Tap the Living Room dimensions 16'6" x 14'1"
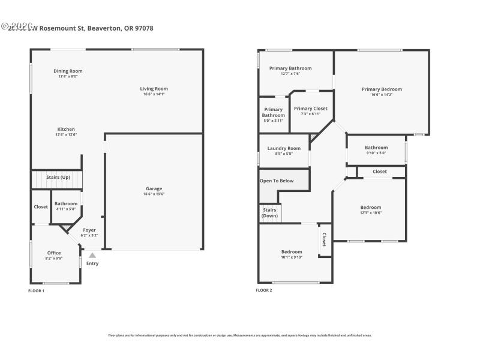pyautogui.click(x=154, y=94)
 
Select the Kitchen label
pyautogui.click(x=66, y=130)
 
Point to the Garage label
pyautogui.click(x=154, y=189)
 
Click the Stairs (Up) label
pyautogui.click(x=58, y=177)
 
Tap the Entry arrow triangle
pyautogui.click(x=92, y=255)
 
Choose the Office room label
pyautogui.click(x=54, y=253)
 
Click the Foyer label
pyautogui.click(x=89, y=230)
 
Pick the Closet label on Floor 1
pyautogui.click(x=41, y=207)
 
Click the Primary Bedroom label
pyautogui.click(x=382, y=89)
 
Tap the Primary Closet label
pyautogui.click(x=310, y=109)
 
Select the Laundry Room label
pyautogui.click(x=284, y=148)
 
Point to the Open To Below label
pyautogui.click(x=277, y=181)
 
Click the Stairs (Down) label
pyautogui.click(x=269, y=213)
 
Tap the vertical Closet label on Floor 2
pyautogui.click(x=324, y=240)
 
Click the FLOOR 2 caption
pyautogui.click(x=263, y=290)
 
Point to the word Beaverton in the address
pyautogui.click(x=106, y=28)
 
